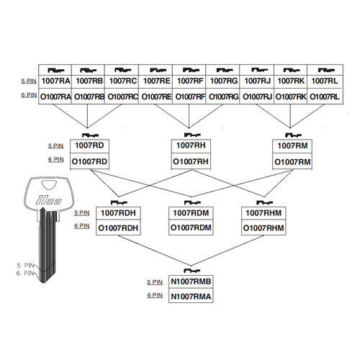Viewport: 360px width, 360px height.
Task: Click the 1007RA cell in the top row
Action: tap(55, 81)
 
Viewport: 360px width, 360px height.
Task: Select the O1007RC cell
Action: tap(122, 96)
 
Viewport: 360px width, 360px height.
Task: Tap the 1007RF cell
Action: tap(189, 81)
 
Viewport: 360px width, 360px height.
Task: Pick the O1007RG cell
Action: tap(222, 96)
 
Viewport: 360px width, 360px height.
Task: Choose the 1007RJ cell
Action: tap(257, 81)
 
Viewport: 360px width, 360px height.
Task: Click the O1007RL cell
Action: tap(325, 96)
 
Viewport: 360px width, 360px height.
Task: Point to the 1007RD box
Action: tap(89, 146)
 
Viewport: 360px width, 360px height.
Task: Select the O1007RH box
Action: tap(191, 161)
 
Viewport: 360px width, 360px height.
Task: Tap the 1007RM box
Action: tap(292, 146)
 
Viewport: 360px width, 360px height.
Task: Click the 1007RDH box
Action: tap(118, 213)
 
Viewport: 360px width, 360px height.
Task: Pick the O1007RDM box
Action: tap(191, 228)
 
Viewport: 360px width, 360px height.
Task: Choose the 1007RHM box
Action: tap(264, 213)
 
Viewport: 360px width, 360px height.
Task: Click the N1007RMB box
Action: tap(191, 282)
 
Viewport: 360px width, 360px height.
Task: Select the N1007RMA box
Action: tap(191, 296)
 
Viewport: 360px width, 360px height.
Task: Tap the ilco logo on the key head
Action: tap(49, 200)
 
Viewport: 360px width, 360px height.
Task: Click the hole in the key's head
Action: tap(49, 185)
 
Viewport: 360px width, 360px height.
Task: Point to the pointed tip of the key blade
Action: tap(43, 282)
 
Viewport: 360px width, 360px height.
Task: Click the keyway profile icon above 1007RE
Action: tap(158, 70)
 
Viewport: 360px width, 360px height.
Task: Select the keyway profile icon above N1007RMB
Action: tap(192, 271)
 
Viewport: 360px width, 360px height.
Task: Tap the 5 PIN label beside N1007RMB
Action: tap(155, 282)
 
